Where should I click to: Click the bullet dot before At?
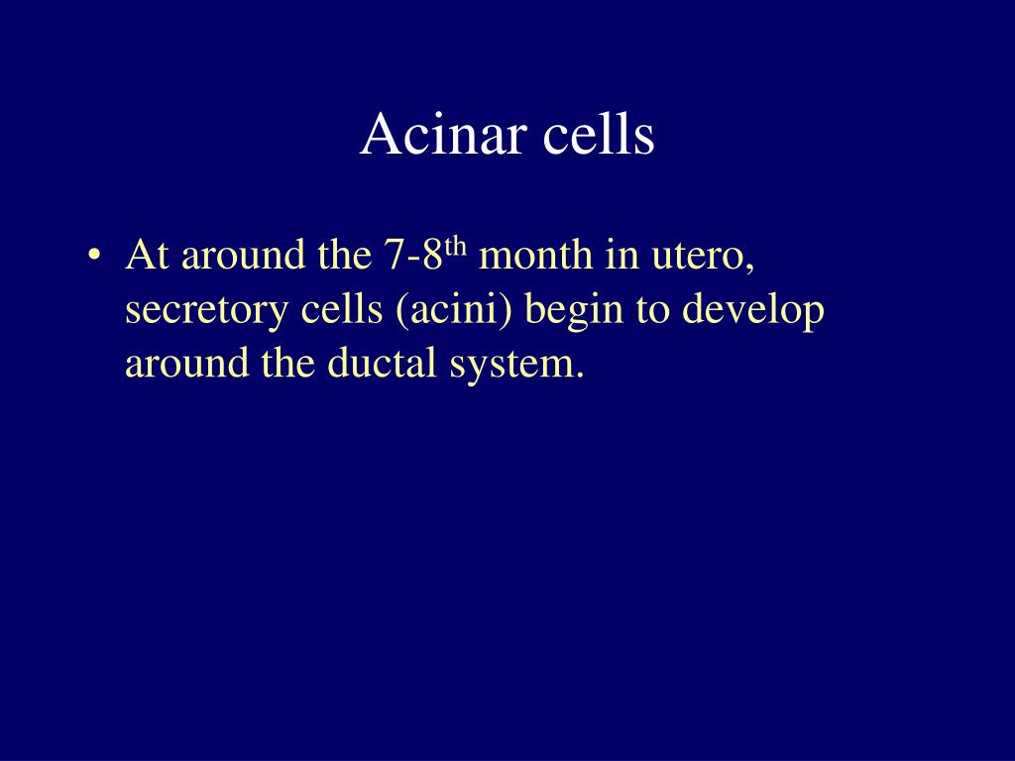coord(94,255)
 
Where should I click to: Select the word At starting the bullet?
coord(148,255)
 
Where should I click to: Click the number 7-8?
coord(413,255)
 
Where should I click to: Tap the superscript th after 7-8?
coord(456,246)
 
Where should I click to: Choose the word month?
coord(535,255)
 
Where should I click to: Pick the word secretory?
coord(206,311)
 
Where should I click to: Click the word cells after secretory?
coord(342,308)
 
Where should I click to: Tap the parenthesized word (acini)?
coord(454,309)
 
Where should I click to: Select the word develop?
coord(753,311)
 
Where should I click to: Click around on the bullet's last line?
coord(187,362)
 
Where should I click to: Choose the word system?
coord(516,366)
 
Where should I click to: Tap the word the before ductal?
coord(288,362)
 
